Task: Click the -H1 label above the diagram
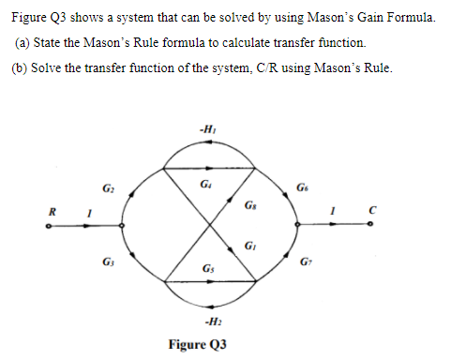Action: (205, 128)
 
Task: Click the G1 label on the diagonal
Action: (249, 247)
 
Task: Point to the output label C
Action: (372, 211)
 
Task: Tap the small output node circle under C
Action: (372, 225)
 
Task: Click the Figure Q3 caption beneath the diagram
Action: (198, 344)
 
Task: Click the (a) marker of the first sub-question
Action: (23, 44)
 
